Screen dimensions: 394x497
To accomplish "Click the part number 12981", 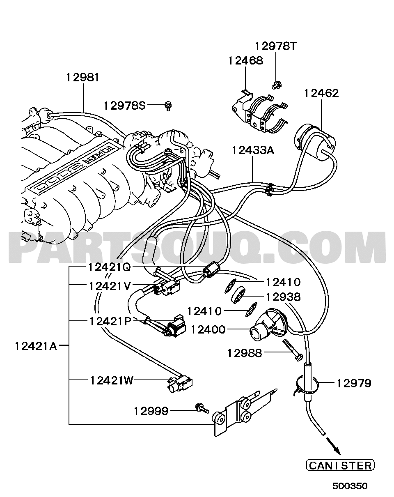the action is pyautogui.click(x=82, y=78).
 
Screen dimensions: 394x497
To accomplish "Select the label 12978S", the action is pyautogui.click(x=124, y=106).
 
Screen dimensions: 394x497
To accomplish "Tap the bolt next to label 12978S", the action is pyautogui.click(x=169, y=106).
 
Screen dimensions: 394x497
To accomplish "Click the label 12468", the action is pyautogui.click(x=245, y=61).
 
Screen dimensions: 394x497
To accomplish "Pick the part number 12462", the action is pyautogui.click(x=321, y=93).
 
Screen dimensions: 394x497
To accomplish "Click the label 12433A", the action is pyautogui.click(x=253, y=150).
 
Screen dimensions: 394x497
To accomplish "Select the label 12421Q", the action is pyautogui.click(x=110, y=267).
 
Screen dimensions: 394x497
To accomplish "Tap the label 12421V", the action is pyautogui.click(x=110, y=286).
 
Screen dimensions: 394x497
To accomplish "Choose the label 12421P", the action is pyautogui.click(x=110, y=321).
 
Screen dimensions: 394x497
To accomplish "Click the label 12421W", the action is pyautogui.click(x=112, y=381).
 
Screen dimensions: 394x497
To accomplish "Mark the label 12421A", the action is pyautogui.click(x=36, y=346).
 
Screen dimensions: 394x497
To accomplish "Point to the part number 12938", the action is pyautogui.click(x=283, y=297).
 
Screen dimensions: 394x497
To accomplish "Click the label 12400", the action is pyautogui.click(x=208, y=329).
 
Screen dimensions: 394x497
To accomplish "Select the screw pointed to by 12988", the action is pyautogui.click(x=292, y=350).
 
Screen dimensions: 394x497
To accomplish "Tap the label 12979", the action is pyautogui.click(x=354, y=383).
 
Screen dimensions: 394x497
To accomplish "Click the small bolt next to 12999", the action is pyautogui.click(x=202, y=408).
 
